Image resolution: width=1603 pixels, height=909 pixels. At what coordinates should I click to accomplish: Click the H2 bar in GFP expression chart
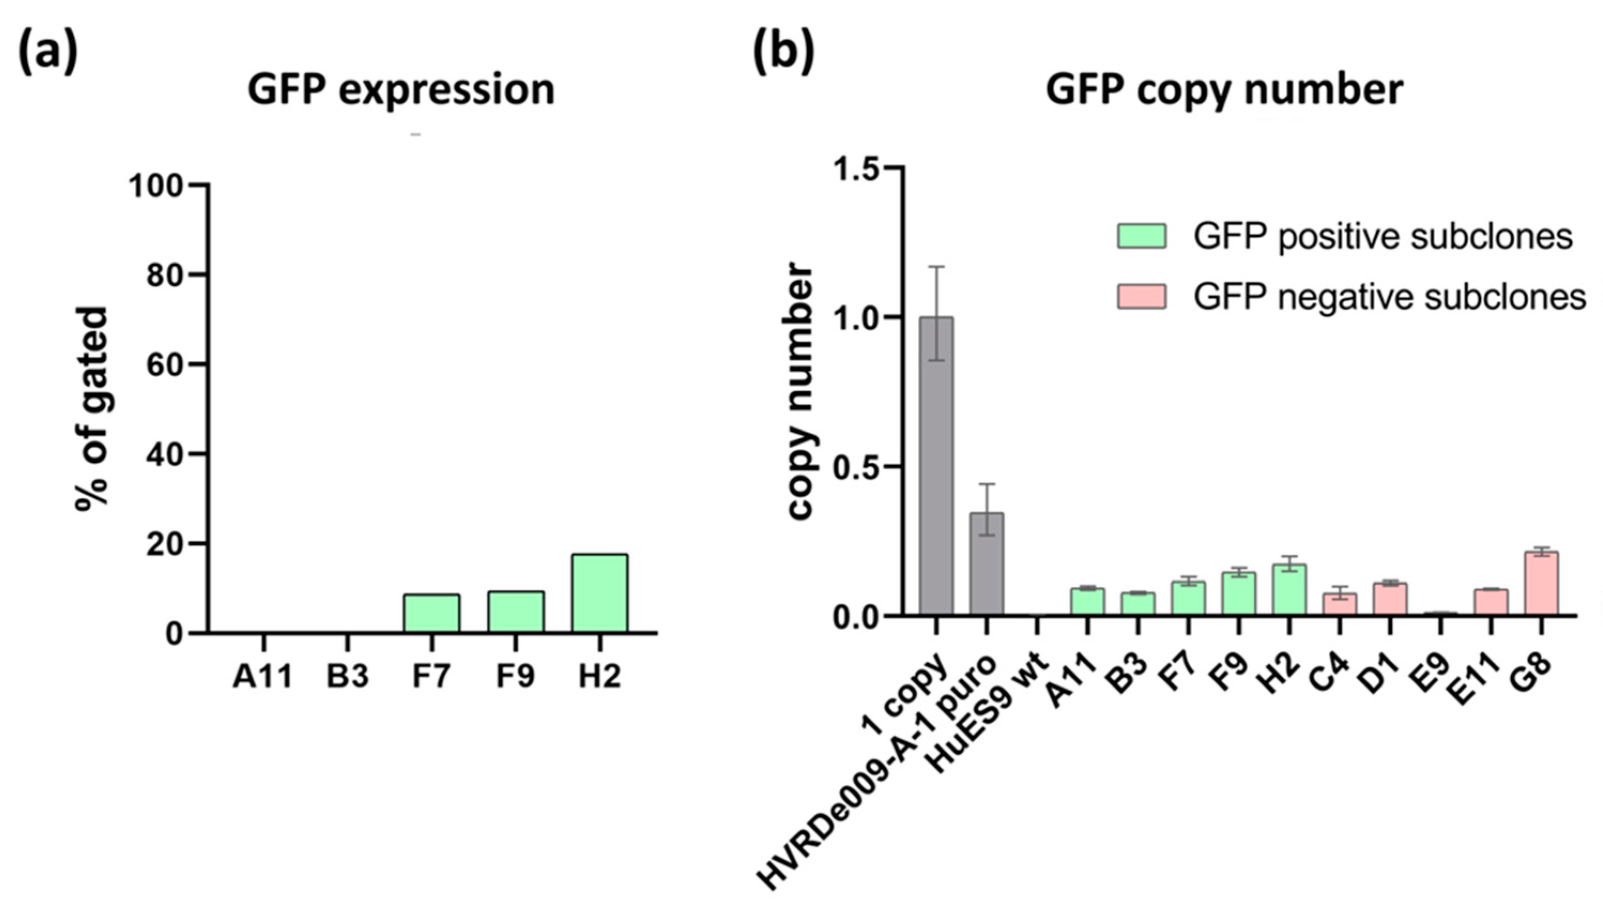[599, 593]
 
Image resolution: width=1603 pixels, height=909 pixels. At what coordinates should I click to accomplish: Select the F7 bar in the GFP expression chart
[431, 613]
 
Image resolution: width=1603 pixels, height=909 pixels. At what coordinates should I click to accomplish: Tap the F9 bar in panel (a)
[516, 612]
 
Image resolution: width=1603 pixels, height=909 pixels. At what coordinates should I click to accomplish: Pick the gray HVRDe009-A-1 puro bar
[986, 564]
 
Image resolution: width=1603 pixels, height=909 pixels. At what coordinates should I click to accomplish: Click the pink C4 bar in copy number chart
[1339, 605]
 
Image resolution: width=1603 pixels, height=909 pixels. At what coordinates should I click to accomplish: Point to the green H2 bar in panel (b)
[1288, 590]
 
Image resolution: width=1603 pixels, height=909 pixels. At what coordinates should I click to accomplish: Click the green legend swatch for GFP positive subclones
[1141, 236]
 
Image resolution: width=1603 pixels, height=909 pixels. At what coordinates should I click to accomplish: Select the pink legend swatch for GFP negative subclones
[1141, 296]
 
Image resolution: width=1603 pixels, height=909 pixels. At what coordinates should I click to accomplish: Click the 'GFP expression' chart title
[401, 90]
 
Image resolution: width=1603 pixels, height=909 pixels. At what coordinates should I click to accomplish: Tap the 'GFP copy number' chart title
[1224, 90]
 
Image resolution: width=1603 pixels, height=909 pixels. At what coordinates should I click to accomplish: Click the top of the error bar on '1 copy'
[936, 266]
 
